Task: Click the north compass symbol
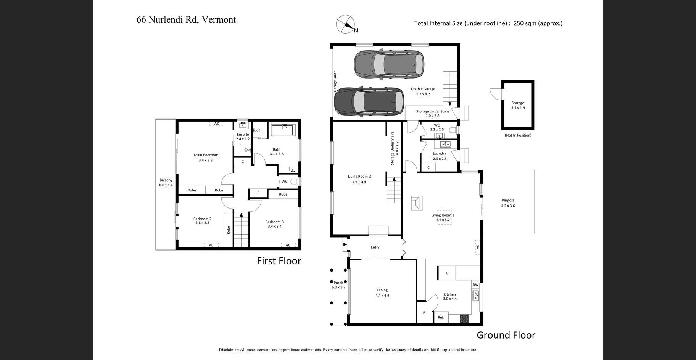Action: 345,24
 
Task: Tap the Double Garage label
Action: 423,92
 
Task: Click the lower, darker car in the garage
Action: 369,101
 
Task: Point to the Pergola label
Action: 508,203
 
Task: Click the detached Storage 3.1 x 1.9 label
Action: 518,105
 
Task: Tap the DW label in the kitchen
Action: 475,285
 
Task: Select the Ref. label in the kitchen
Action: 441,317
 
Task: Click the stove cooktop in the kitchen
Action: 464,318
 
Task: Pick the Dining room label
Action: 382,292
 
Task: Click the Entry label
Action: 375,247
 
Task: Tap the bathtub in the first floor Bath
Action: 284,130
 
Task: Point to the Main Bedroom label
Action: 206,157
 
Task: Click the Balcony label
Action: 166,182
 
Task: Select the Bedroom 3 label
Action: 274,224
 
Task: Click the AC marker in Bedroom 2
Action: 211,245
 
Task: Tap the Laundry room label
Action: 440,156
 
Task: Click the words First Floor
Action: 279,261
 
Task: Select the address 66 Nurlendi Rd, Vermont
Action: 186,19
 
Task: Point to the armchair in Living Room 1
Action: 417,203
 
